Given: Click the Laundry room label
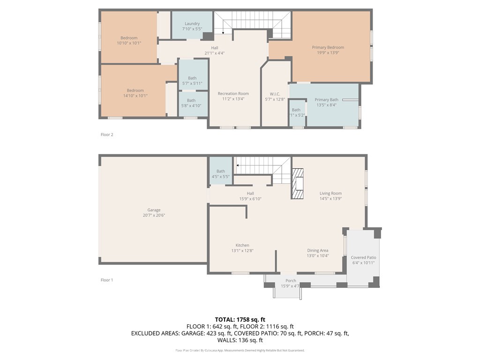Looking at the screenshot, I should pyautogui.click(x=192, y=23).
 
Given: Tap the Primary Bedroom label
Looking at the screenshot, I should pyautogui.click(x=328, y=47).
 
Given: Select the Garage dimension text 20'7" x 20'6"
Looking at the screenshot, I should pyautogui.click(x=154, y=215).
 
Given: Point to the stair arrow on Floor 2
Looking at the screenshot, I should pyautogui.click(x=223, y=32).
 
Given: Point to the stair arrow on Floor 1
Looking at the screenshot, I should pyautogui.click(x=238, y=165).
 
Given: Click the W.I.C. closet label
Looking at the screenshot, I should pyautogui.click(x=275, y=94).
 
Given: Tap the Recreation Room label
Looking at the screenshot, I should pyautogui.click(x=233, y=94).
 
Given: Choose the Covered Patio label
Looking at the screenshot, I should pyautogui.click(x=363, y=257).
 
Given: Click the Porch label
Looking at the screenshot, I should pyautogui.click(x=291, y=281).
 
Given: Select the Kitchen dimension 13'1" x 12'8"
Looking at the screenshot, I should pyautogui.click(x=242, y=251).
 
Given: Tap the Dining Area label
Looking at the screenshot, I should pyautogui.click(x=317, y=250).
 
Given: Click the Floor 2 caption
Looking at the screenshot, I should pyautogui.click(x=107, y=135).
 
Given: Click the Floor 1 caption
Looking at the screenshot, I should pyautogui.click(x=107, y=280).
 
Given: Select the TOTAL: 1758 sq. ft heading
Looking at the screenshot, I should pyautogui.click(x=240, y=319).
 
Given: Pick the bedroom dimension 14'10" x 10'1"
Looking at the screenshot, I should pyautogui.click(x=135, y=96).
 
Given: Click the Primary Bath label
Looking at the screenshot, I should pyautogui.click(x=326, y=99).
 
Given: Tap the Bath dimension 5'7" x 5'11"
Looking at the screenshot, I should pyautogui.click(x=192, y=83).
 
